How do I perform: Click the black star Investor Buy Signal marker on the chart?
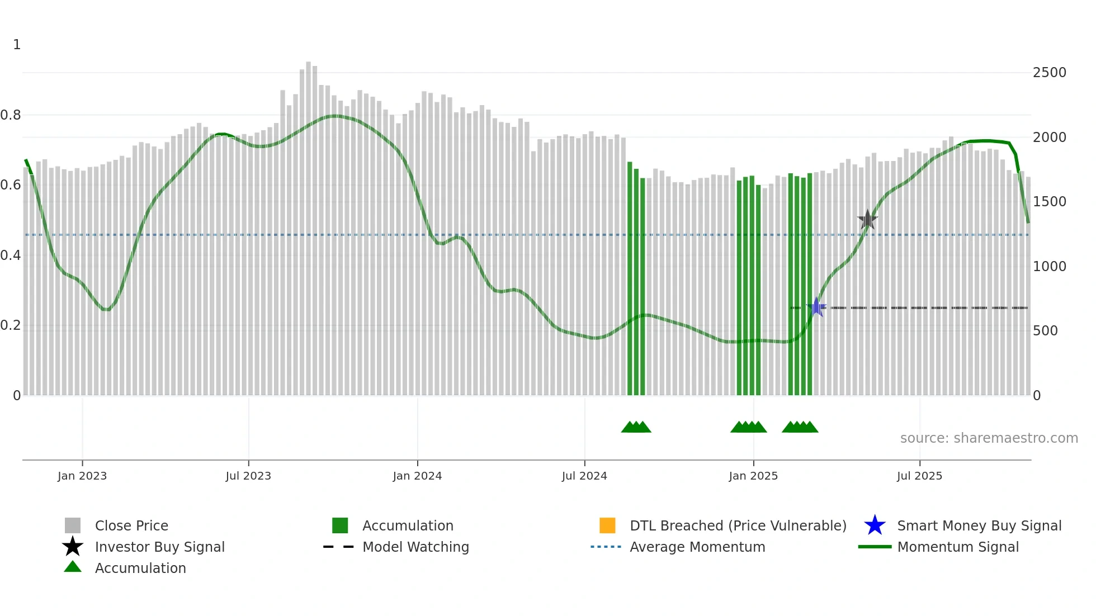867,219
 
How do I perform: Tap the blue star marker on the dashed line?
816,307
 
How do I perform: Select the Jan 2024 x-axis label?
417,476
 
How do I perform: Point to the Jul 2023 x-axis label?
248,476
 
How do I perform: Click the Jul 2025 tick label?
919,476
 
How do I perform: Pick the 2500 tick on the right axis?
1050,73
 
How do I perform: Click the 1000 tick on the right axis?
1050,266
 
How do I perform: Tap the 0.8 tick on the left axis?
11,115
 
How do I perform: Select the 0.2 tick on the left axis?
11,325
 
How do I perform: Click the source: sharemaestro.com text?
989,438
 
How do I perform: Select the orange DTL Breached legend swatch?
607,525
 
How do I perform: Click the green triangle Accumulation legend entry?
140,568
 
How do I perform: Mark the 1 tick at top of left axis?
17,45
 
